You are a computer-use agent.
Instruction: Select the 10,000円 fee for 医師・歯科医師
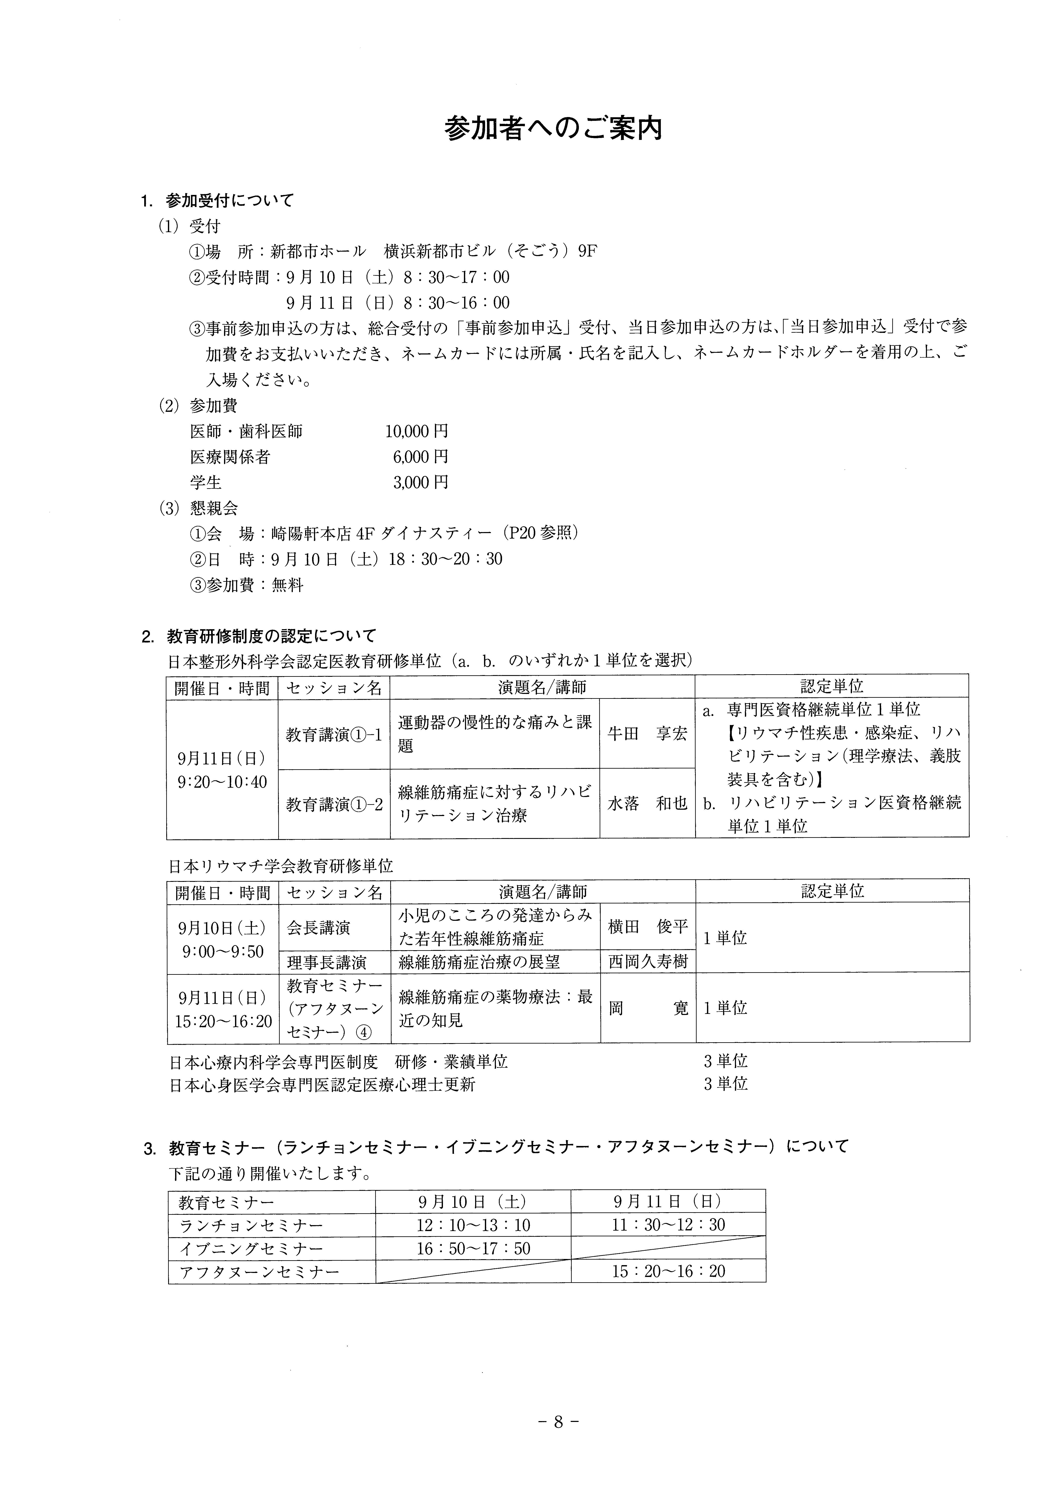[416, 431]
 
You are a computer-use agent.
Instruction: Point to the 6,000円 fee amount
[420, 457]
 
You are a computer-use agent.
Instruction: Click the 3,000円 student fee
[420, 483]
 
